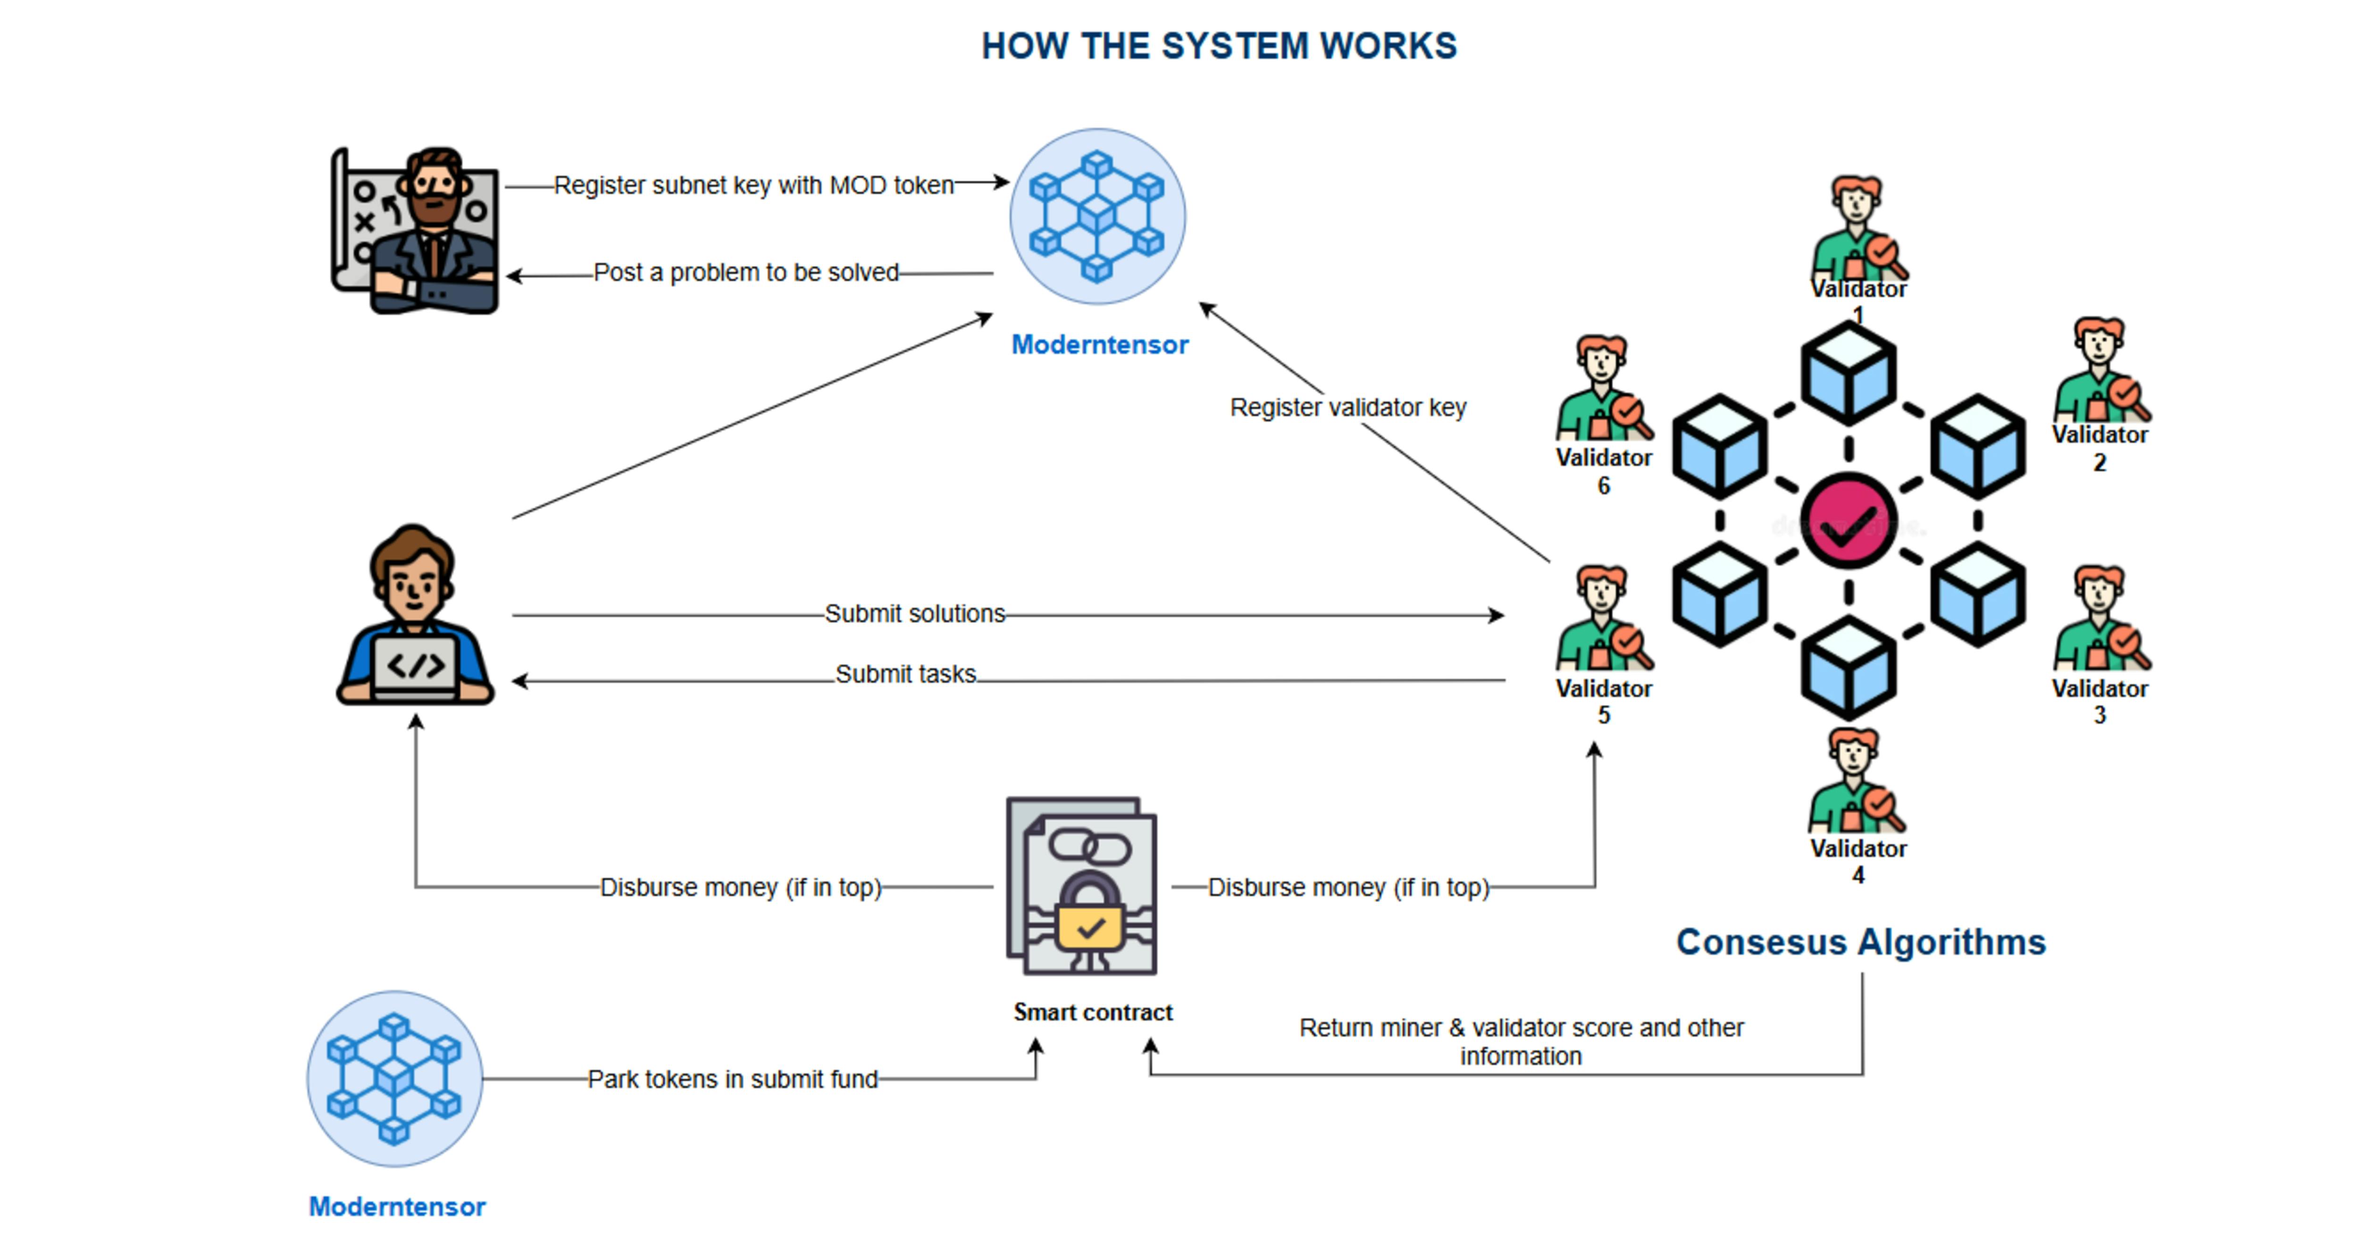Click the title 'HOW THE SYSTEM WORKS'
[1218, 46]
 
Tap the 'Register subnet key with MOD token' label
[753, 185]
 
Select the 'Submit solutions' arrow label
[915, 613]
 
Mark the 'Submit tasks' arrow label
[906, 674]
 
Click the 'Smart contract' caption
[1093, 1012]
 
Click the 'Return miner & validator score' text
[1521, 1041]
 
